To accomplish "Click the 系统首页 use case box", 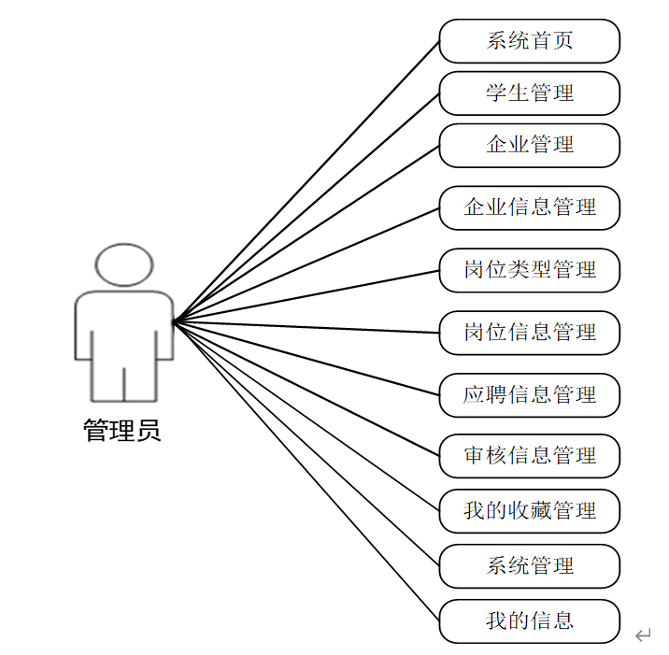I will click(529, 41).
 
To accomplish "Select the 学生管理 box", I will click(529, 93).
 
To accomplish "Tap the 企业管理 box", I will click(529, 146).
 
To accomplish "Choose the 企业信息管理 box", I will click(529, 207).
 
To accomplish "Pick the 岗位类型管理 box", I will click(529, 270).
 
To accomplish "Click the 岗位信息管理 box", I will click(529, 333).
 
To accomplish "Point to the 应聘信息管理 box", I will click(529, 394).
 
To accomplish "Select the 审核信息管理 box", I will click(529, 456).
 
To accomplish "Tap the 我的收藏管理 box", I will click(529, 511).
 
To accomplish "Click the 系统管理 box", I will click(529, 566).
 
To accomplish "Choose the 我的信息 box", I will click(529, 621).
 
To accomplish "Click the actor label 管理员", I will click(122, 431).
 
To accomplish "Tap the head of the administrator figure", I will click(124, 264).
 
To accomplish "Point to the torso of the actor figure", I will click(124, 327).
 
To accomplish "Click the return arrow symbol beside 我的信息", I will click(643, 636).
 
